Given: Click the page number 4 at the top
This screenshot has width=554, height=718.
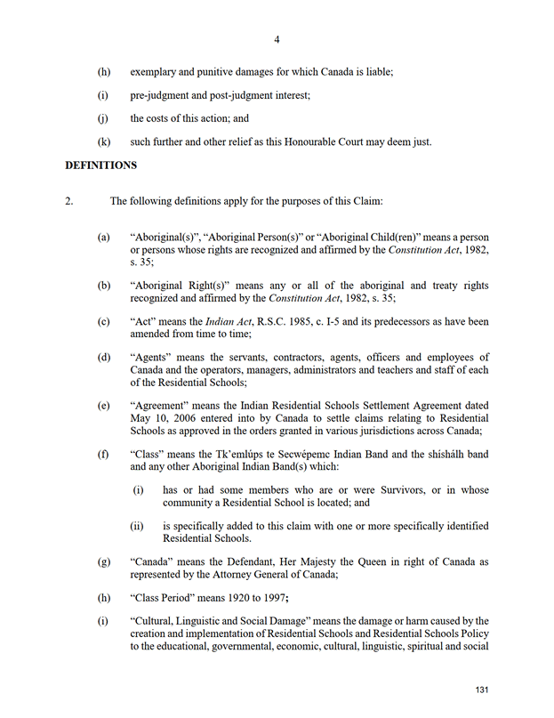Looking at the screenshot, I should coord(277,40).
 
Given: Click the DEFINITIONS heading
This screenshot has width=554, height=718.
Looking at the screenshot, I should coord(100,165).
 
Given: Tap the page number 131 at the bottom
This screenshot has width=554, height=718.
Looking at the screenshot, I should coord(483,690).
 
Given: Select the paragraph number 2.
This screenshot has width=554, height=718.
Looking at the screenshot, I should coord(68,201).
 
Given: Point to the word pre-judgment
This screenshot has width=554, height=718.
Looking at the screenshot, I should coord(158,94).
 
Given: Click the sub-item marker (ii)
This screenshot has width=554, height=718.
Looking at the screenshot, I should coord(137,526).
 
